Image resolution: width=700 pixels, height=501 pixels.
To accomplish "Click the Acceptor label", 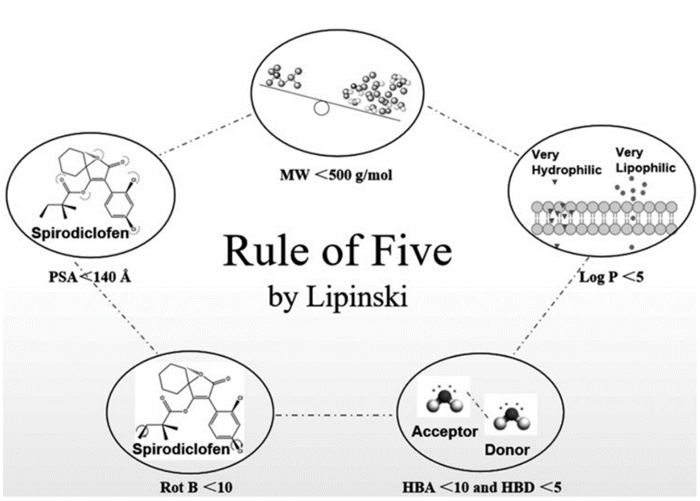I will tap(445, 431).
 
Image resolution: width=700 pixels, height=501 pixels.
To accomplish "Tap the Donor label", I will tap(507, 449).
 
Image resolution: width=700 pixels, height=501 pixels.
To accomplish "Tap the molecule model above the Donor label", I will tap(512, 417).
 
